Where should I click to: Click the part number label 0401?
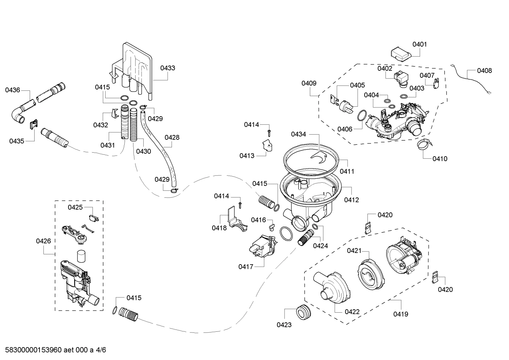tap(419, 44)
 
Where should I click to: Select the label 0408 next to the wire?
tap(484, 71)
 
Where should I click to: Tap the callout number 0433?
tap(168, 68)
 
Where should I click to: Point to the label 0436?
tap(12, 90)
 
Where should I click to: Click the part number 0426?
tap(43, 241)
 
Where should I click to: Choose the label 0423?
tap(284, 325)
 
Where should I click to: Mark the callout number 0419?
tap(401, 314)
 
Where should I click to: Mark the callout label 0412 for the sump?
tap(351, 200)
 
